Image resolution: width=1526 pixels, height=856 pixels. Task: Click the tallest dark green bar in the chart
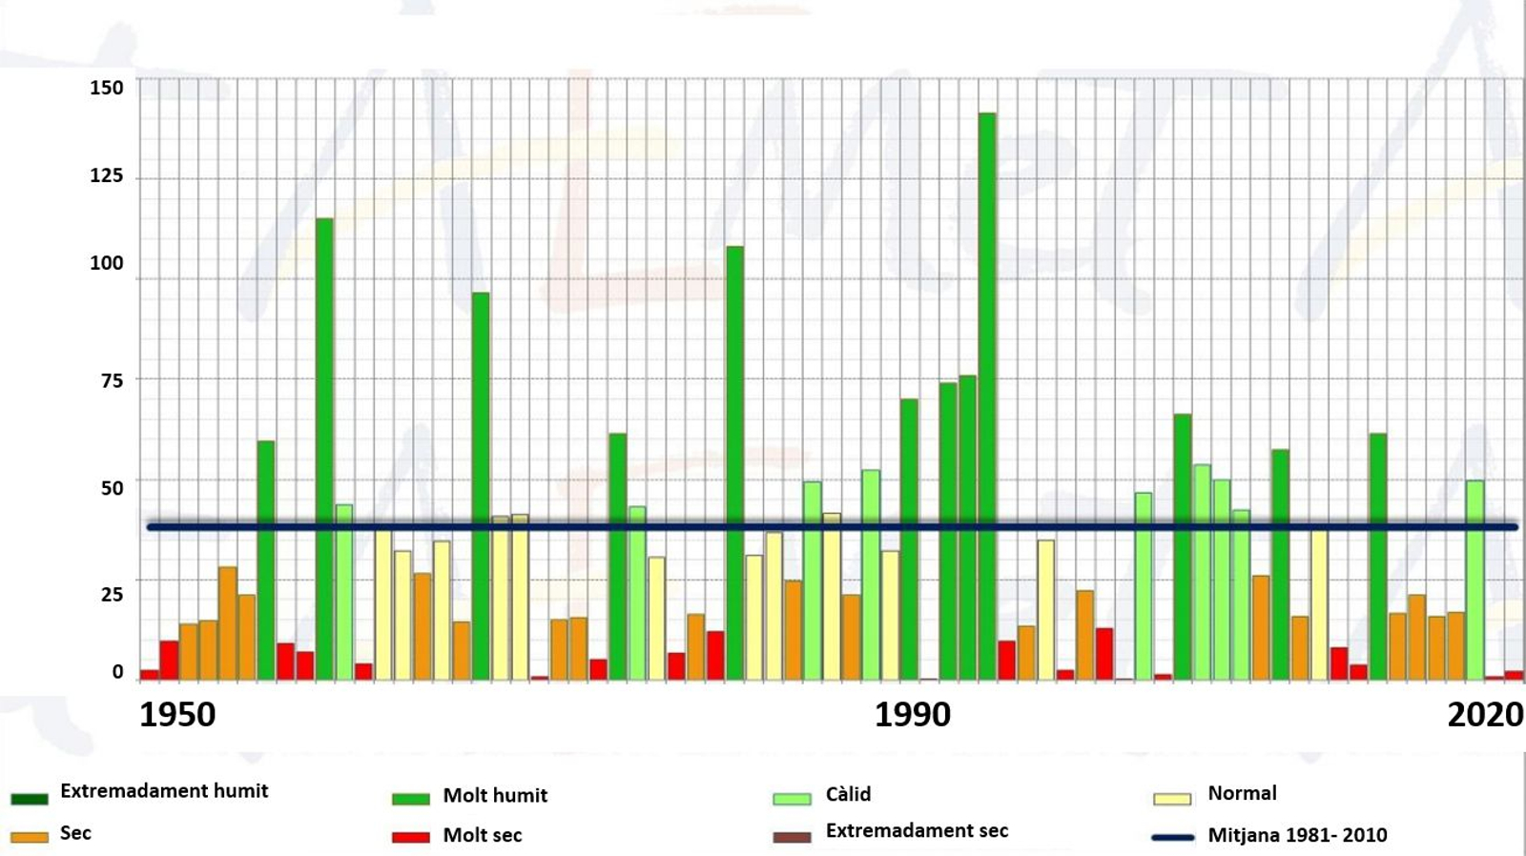pyautogui.click(x=986, y=396)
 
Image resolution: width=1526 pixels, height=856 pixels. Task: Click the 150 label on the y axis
pyautogui.click(x=107, y=88)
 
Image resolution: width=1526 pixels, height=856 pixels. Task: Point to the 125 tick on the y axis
pyautogui.click(x=107, y=175)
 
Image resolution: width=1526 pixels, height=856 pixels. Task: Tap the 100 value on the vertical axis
pyautogui.click(x=107, y=263)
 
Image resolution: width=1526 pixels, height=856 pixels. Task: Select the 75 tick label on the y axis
pyautogui.click(x=112, y=380)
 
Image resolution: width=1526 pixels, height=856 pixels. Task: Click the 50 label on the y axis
pyautogui.click(x=112, y=488)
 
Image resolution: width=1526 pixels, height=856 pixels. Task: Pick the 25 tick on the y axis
pyautogui.click(x=112, y=594)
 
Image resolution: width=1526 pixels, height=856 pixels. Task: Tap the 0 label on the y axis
pyautogui.click(x=117, y=672)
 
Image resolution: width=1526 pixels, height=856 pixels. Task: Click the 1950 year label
pyautogui.click(x=177, y=714)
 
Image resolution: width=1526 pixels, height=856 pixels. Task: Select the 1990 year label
pyautogui.click(x=913, y=714)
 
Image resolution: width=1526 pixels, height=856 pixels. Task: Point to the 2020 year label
pyautogui.click(x=1485, y=714)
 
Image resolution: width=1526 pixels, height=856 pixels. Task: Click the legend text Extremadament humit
pyautogui.click(x=164, y=791)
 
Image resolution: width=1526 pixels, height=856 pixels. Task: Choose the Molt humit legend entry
pyautogui.click(x=495, y=796)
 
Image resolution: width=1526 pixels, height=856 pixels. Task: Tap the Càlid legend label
pyautogui.click(x=848, y=794)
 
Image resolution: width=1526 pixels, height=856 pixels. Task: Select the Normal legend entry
pyautogui.click(x=1242, y=793)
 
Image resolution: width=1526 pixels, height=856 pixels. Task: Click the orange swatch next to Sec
pyautogui.click(x=29, y=837)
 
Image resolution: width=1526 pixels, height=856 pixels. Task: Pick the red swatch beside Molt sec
pyautogui.click(x=411, y=837)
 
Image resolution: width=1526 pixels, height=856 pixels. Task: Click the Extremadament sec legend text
pyautogui.click(x=917, y=830)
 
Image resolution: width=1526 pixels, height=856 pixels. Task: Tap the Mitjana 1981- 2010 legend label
pyautogui.click(x=1297, y=835)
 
